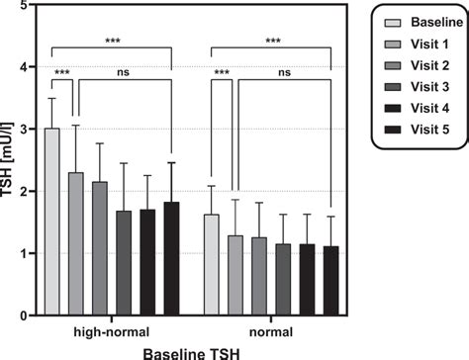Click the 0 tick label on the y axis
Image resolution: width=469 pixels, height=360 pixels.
point(27,315)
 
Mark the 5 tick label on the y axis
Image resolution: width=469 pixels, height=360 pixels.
point(27,6)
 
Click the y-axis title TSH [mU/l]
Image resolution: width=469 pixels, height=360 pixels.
point(10,160)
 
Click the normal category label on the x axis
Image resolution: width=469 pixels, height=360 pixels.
point(269,330)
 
